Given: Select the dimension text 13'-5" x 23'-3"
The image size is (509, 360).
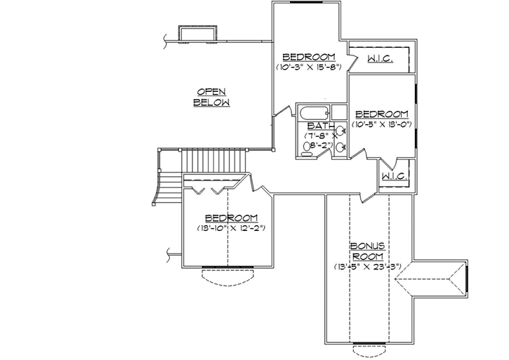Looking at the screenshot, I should pyautogui.click(x=367, y=267).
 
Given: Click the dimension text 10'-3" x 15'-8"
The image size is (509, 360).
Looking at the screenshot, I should pyautogui.click(x=308, y=68).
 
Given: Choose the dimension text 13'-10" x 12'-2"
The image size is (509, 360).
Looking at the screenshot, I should pyautogui.click(x=231, y=228).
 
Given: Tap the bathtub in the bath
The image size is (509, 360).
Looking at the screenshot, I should pyautogui.click(x=313, y=112).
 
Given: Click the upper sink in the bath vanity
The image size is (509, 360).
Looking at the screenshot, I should pyautogui.click(x=340, y=131).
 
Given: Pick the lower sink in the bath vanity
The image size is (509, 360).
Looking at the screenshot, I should pyautogui.click(x=340, y=147).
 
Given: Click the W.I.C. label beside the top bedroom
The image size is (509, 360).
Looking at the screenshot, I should pyautogui.click(x=380, y=59).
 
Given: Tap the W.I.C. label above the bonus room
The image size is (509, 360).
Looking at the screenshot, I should pyautogui.click(x=395, y=176).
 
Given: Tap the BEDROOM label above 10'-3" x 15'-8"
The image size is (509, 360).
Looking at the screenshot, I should pyautogui.click(x=308, y=57).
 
